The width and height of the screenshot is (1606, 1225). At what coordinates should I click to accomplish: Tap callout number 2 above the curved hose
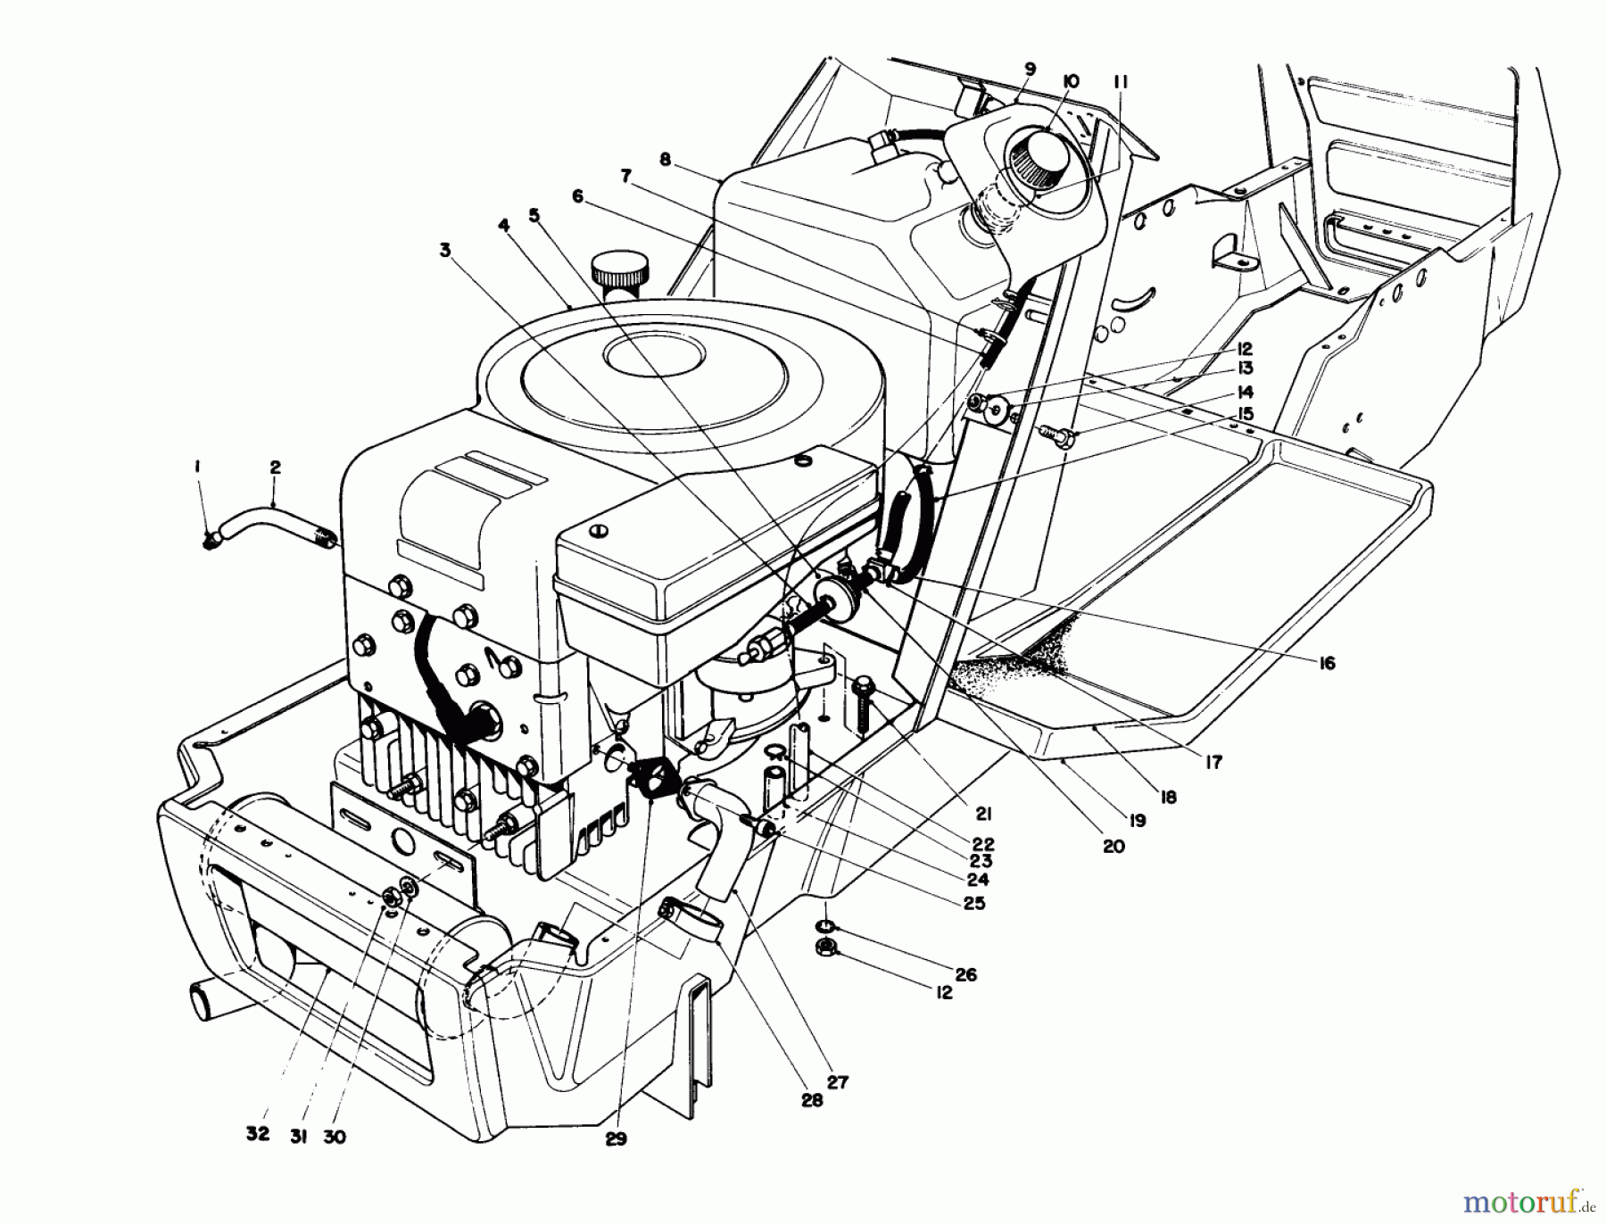click(x=274, y=467)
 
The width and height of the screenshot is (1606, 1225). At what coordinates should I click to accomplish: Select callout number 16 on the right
click(x=1327, y=663)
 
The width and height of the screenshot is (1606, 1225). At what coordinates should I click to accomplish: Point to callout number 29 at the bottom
click(x=615, y=1138)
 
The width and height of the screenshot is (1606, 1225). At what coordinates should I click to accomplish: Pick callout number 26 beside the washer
click(x=965, y=974)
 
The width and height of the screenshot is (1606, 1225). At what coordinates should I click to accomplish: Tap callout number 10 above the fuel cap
click(x=1070, y=81)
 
